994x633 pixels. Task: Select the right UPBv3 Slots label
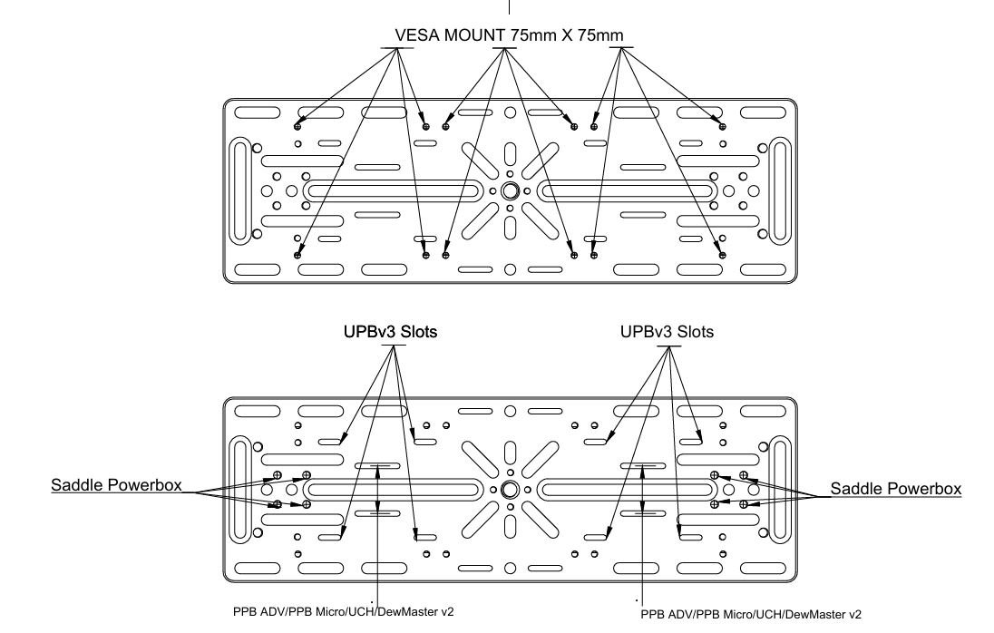[667, 333]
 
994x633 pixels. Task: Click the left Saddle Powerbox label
[115, 488]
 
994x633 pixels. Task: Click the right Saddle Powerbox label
[895, 488]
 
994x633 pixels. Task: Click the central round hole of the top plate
[510, 191]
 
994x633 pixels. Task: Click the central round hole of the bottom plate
[510, 489]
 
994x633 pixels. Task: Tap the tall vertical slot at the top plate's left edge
[240, 190]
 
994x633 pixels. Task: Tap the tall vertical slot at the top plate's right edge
[779, 190]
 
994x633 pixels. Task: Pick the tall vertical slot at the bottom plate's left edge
[240, 488]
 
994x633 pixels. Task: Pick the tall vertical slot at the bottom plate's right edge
[779, 488]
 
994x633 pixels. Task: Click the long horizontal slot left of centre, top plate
[395, 191]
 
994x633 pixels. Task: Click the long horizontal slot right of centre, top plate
[627, 191]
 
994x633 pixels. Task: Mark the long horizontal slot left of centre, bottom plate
[395, 489]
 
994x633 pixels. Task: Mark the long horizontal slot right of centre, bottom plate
[627, 489]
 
